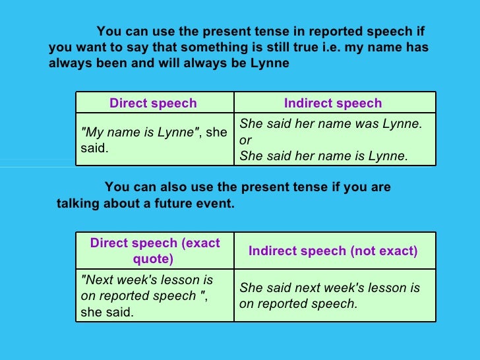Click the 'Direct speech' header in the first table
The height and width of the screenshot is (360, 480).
(x=153, y=103)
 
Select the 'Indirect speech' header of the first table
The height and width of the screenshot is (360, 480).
(x=333, y=103)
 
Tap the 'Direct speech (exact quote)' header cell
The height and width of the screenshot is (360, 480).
(x=155, y=251)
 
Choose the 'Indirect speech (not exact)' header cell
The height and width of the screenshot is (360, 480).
(x=333, y=251)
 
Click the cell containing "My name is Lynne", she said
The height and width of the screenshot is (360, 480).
(x=154, y=140)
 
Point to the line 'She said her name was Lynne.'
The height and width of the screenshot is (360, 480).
(x=330, y=123)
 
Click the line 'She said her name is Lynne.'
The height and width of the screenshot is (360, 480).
(x=324, y=156)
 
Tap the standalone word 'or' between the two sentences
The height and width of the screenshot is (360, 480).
(x=245, y=140)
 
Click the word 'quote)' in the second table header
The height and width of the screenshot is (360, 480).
(x=155, y=259)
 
